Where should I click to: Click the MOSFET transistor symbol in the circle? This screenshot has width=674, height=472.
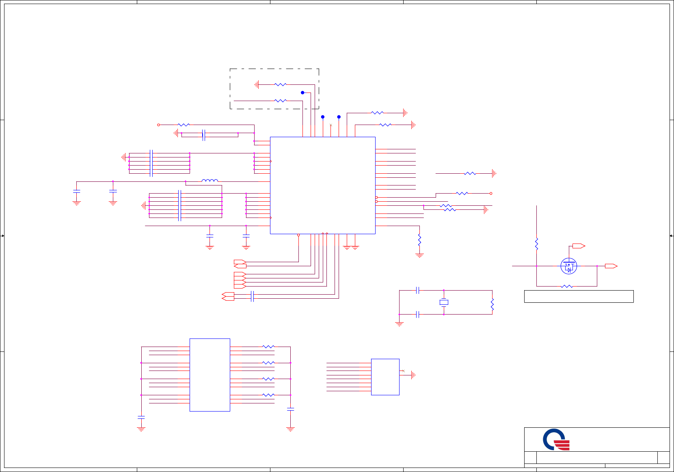pyautogui.click(x=568, y=266)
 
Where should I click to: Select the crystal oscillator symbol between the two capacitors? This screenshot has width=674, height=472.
pyautogui.click(x=444, y=302)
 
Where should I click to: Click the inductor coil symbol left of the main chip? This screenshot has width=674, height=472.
pyautogui.click(x=210, y=181)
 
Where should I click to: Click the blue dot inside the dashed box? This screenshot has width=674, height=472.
pyautogui.click(x=302, y=93)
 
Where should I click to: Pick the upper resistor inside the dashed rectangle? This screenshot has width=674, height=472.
pyautogui.click(x=281, y=84)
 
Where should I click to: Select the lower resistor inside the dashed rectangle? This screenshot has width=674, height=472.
pyautogui.click(x=281, y=101)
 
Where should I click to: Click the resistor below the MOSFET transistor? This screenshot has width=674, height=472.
pyautogui.click(x=567, y=286)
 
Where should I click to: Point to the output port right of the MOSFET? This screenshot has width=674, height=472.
pyautogui.click(x=611, y=266)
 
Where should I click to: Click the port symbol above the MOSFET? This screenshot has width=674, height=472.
pyautogui.click(x=578, y=246)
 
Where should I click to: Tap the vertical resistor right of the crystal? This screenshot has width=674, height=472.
pyautogui.click(x=492, y=304)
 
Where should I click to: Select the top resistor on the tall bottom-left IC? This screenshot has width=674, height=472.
pyautogui.click(x=268, y=347)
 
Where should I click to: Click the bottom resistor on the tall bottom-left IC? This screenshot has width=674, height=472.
pyautogui.click(x=268, y=395)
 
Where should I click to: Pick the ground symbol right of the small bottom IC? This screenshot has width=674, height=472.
pyautogui.click(x=413, y=375)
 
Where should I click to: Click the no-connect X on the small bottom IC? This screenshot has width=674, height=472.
pyautogui.click(x=403, y=371)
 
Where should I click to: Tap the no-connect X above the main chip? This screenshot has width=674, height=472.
pyautogui.click(x=331, y=125)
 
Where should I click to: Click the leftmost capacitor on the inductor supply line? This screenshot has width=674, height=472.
pyautogui.click(x=76, y=191)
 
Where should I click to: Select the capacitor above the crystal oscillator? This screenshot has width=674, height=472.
pyautogui.click(x=417, y=290)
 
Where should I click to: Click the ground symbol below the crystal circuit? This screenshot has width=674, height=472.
pyautogui.click(x=399, y=323)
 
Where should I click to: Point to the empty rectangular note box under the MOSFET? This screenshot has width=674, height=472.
pyautogui.click(x=579, y=296)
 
